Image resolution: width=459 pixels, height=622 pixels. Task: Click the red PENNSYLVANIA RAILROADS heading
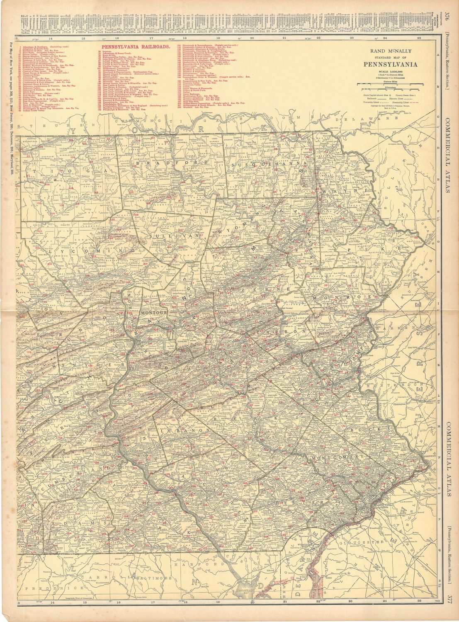coord(136,47)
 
